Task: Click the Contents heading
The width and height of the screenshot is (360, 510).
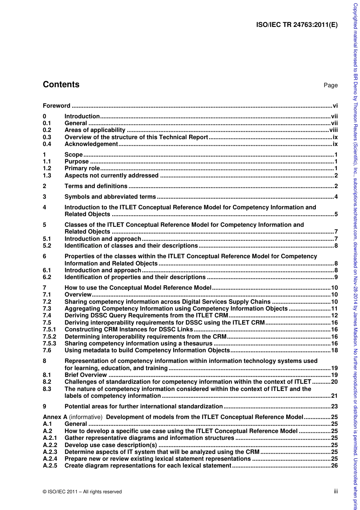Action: tap(61, 85)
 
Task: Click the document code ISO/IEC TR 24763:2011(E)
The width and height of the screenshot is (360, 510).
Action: tap(297, 25)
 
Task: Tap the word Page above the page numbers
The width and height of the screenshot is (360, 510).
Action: tap(330, 85)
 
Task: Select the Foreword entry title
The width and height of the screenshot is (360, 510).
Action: tap(56, 106)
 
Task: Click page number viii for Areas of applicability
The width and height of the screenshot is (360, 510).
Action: tap(333, 130)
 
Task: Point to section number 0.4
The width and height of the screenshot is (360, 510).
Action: tap(47, 144)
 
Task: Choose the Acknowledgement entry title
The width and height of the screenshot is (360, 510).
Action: tap(91, 144)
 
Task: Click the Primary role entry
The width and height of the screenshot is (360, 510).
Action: tap(82, 168)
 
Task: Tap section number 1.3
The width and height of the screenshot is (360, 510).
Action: tap(47, 176)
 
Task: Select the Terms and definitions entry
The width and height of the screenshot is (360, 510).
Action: tap(96, 186)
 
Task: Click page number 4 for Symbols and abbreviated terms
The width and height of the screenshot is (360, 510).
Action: tap(336, 197)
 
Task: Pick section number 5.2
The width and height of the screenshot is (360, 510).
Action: tap(47, 246)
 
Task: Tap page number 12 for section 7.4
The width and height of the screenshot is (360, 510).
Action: tap(334, 315)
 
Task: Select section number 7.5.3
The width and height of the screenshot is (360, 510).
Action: tap(49, 344)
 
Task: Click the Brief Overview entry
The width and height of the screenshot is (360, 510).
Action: tap(86, 375)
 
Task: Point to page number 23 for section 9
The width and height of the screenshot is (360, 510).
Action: tap(334, 406)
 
